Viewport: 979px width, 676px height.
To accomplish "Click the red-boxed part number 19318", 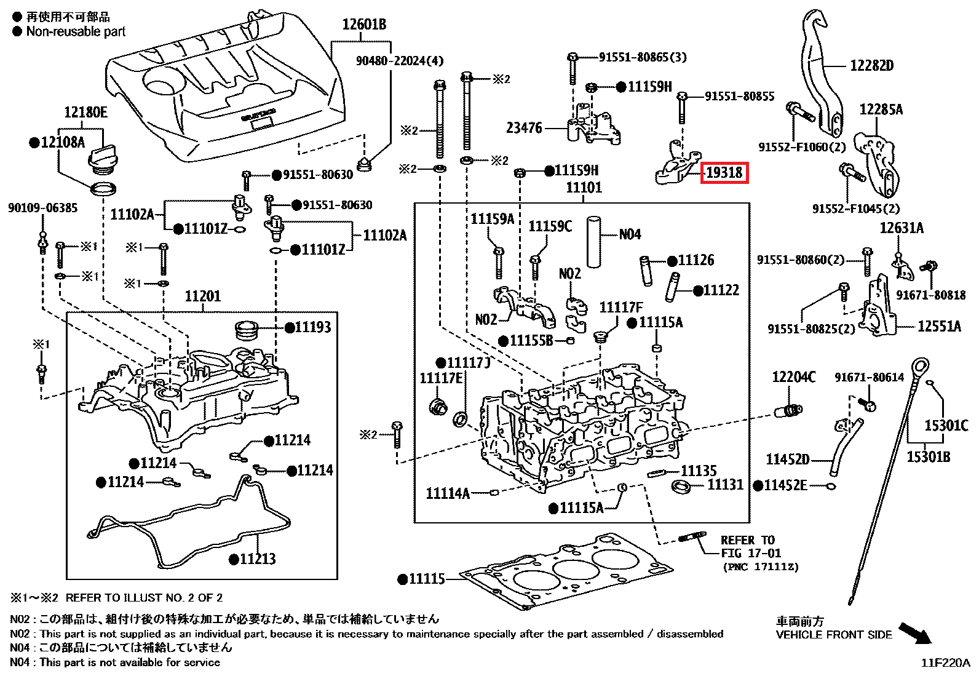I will tap(724, 173).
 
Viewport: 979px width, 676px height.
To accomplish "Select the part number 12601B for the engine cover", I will tap(364, 25).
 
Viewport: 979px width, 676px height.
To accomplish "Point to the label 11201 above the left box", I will tap(202, 296).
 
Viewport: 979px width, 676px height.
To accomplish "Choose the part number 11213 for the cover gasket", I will tap(257, 559).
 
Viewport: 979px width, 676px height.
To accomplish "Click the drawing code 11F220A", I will tap(945, 663).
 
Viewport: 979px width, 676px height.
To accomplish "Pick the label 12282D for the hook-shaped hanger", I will tap(871, 66).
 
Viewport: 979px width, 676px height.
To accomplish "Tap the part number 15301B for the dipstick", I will tap(928, 456).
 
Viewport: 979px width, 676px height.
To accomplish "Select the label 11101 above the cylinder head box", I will tap(584, 188).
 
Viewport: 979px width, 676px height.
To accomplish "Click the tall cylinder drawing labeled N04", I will tap(593, 241).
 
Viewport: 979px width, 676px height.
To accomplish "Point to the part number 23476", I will tap(524, 128).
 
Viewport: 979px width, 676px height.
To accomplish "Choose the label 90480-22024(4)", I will tap(399, 61).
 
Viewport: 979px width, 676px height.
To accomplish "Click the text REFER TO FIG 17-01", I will tap(750, 547).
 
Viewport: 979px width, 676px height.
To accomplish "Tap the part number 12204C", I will tap(793, 377).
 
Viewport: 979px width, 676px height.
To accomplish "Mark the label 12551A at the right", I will tap(938, 327).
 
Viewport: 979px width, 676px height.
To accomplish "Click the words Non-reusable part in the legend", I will tap(76, 31).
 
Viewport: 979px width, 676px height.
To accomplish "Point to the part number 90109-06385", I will tap(42, 208).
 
